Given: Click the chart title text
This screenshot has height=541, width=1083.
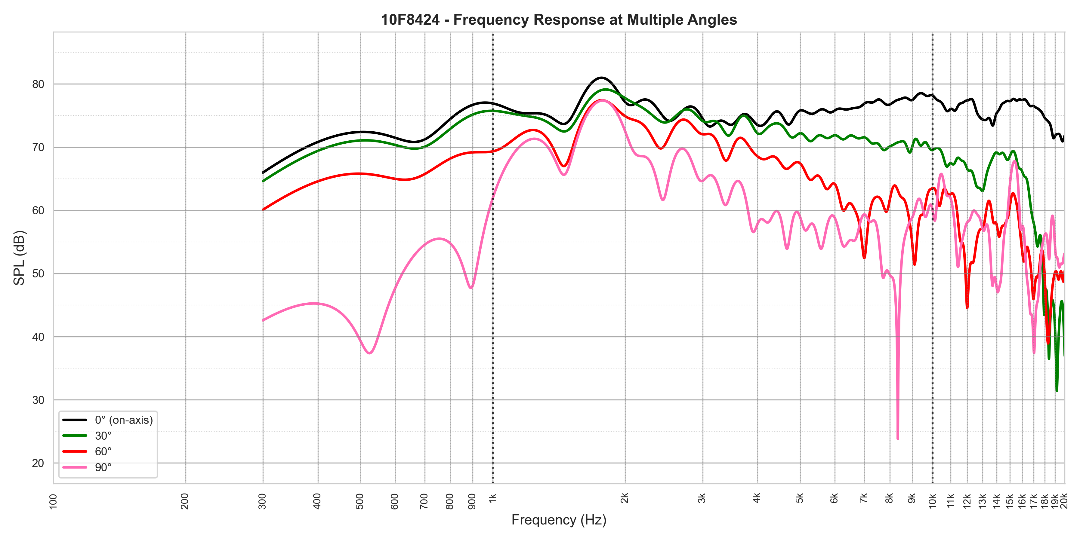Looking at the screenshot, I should click(x=559, y=20).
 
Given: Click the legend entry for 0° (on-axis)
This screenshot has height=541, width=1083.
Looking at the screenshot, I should click(x=124, y=420).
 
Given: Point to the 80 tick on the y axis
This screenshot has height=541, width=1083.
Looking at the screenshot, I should click(x=38, y=84).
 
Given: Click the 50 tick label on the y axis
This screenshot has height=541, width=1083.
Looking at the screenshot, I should click(x=38, y=274).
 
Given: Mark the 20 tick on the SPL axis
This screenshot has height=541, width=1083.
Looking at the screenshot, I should click(x=38, y=463).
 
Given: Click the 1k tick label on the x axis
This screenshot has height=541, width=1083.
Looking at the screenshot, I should click(x=493, y=499).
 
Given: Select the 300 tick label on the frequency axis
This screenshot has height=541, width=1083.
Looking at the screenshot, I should click(x=263, y=501).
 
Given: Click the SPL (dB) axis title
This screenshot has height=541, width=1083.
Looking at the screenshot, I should click(x=19, y=258).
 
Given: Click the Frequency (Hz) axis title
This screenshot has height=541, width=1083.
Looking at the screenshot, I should click(x=559, y=520).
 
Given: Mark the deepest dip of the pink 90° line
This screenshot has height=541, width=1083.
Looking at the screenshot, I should click(x=898, y=439).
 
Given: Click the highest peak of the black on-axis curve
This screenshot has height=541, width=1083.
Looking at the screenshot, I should click(x=602, y=78).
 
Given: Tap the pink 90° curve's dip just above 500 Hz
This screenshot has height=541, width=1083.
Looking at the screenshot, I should click(x=369, y=353).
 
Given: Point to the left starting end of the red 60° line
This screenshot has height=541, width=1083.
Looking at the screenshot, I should click(x=263, y=209).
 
